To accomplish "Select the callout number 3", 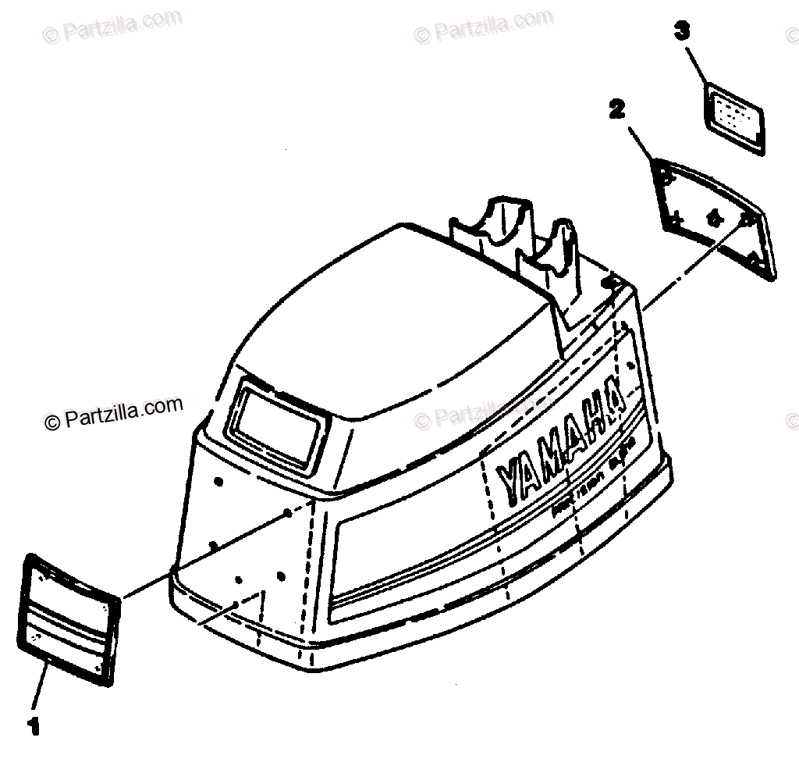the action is (x=682, y=32).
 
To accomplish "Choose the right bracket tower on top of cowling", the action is (x=559, y=258).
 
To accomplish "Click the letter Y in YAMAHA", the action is (x=511, y=479).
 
